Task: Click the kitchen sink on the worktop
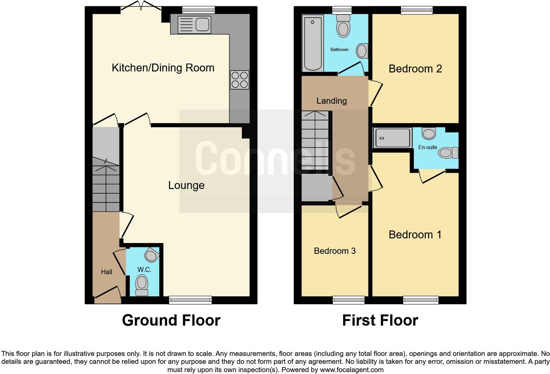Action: (x=194, y=24)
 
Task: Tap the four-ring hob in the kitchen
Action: (x=239, y=80)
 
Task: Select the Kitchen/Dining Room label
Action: (x=163, y=68)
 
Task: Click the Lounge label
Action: (x=186, y=185)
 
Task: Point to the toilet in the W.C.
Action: (x=142, y=285)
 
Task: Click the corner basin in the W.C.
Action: (x=151, y=255)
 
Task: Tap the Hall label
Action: (x=106, y=272)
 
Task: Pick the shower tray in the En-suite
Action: (x=392, y=138)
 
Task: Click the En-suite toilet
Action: (x=448, y=153)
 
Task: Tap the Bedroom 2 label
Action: (x=415, y=69)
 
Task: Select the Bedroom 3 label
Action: (x=335, y=251)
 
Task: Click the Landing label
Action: (x=331, y=101)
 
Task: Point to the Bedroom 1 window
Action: (x=421, y=300)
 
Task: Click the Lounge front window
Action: (x=190, y=300)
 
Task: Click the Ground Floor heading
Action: (x=171, y=320)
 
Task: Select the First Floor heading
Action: (x=380, y=320)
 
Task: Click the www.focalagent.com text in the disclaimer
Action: (x=351, y=370)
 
